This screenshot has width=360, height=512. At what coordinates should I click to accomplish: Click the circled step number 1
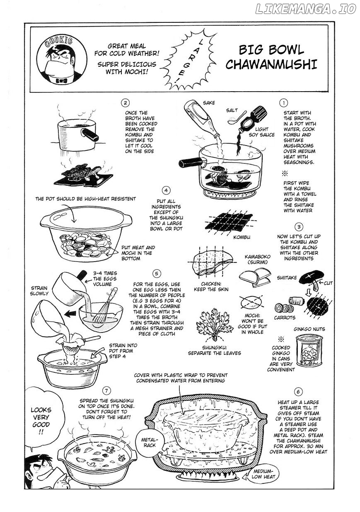tap(283, 103)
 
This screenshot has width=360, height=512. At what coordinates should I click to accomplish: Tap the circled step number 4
tap(166, 190)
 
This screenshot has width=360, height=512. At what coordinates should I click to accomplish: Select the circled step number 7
tap(106, 391)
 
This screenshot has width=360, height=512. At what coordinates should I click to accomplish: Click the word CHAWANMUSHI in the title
tap(271, 65)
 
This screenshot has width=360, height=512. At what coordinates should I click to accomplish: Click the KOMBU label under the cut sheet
tap(242, 237)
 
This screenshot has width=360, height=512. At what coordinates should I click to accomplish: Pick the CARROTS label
tap(285, 318)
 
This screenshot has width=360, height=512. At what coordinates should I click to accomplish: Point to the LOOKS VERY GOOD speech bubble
tap(41, 417)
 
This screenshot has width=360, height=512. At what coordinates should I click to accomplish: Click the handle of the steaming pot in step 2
tap(90, 135)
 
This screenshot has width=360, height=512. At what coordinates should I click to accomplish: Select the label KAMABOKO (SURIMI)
tap(257, 260)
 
